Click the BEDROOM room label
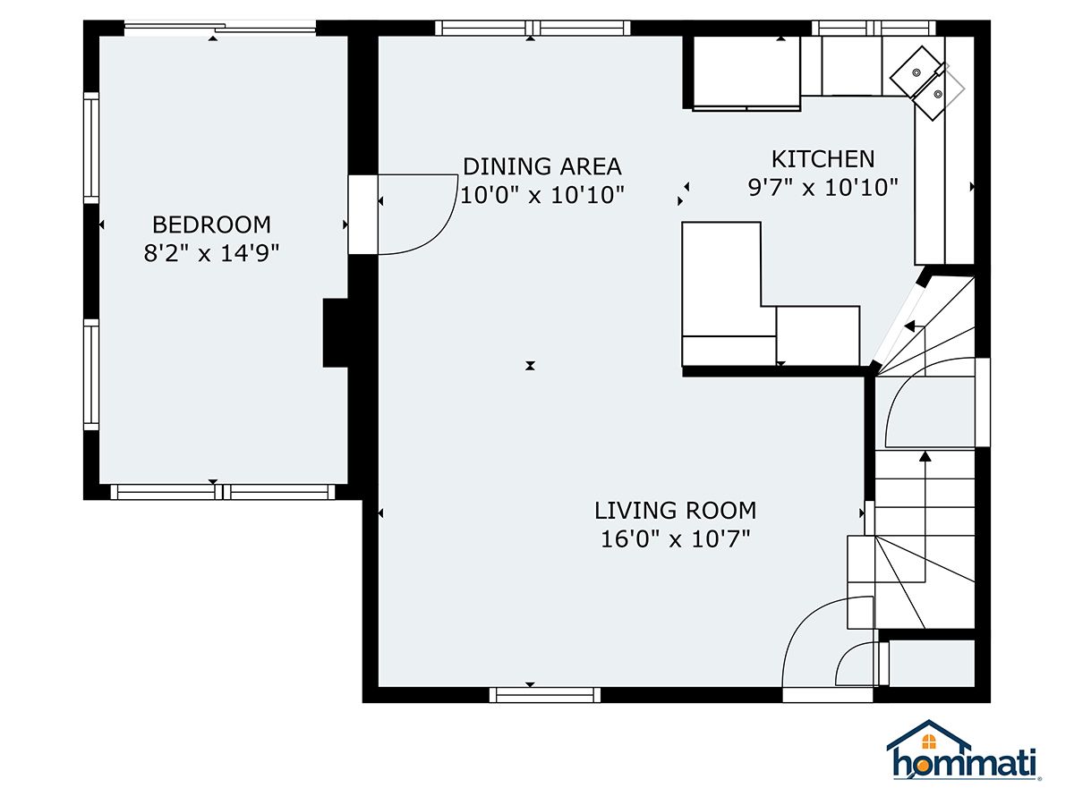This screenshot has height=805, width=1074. pos(211,225)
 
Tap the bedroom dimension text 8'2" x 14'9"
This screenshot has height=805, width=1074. pos(211,254)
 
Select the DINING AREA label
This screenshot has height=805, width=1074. pos(542,166)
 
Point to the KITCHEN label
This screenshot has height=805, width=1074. pos(823,159)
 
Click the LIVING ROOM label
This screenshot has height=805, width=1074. pos(675,511)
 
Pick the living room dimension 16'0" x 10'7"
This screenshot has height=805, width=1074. pos(675,539)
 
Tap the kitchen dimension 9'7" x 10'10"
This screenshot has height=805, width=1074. pos(823,188)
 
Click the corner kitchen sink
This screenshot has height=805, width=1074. pos(919,83)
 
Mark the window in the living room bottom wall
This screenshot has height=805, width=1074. pos(544,695)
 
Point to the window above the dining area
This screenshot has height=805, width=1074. pos(533,28)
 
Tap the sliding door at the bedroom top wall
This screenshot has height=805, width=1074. pos(219,28)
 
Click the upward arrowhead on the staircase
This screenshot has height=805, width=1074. pos(925,456)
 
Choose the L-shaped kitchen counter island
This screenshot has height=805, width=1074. pos(771,295)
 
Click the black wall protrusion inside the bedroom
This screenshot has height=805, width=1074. pos(335,333)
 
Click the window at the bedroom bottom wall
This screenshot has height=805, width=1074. pos(223,492)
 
